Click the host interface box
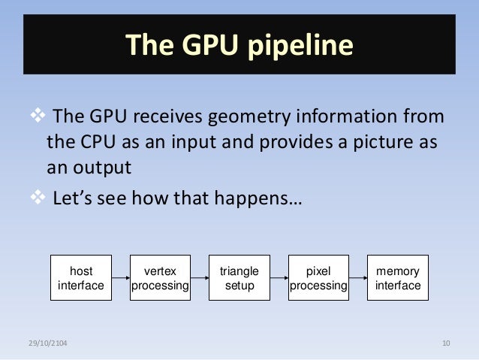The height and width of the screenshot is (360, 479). [81, 278]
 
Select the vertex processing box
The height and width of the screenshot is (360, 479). [160, 278]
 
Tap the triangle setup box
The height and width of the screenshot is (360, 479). [239, 278]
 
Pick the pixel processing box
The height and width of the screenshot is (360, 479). [318, 278]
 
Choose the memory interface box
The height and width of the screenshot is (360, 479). [397, 278]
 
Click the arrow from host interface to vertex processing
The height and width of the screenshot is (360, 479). [121, 279]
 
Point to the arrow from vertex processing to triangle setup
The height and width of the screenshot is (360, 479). [200, 279]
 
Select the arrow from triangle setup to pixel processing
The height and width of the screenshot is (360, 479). [279, 279]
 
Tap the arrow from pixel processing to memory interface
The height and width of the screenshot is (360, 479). [358, 279]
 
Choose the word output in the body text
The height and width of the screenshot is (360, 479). [102, 168]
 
